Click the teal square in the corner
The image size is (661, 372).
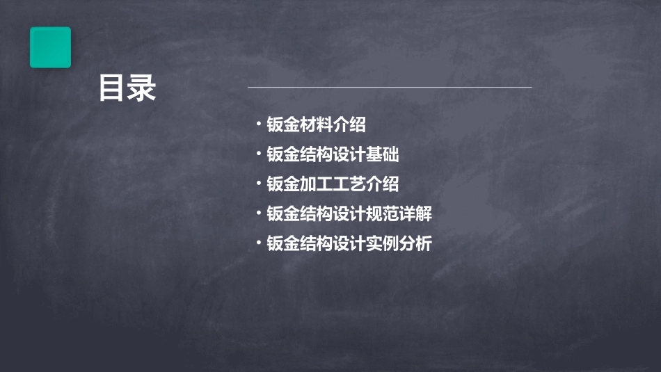point(50,47)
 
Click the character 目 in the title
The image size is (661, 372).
point(111,88)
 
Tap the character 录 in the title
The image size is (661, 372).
point(141,88)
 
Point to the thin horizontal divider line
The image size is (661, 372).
point(390,88)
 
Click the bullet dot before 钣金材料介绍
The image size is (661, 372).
point(258,124)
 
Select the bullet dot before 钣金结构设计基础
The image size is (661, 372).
point(258,154)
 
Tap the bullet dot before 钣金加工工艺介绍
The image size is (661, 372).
point(258,184)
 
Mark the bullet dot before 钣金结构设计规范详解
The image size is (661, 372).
point(258,213)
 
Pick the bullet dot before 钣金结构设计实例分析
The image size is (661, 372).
point(258,243)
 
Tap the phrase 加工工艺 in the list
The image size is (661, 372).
point(333,185)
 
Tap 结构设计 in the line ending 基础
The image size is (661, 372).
point(333,155)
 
